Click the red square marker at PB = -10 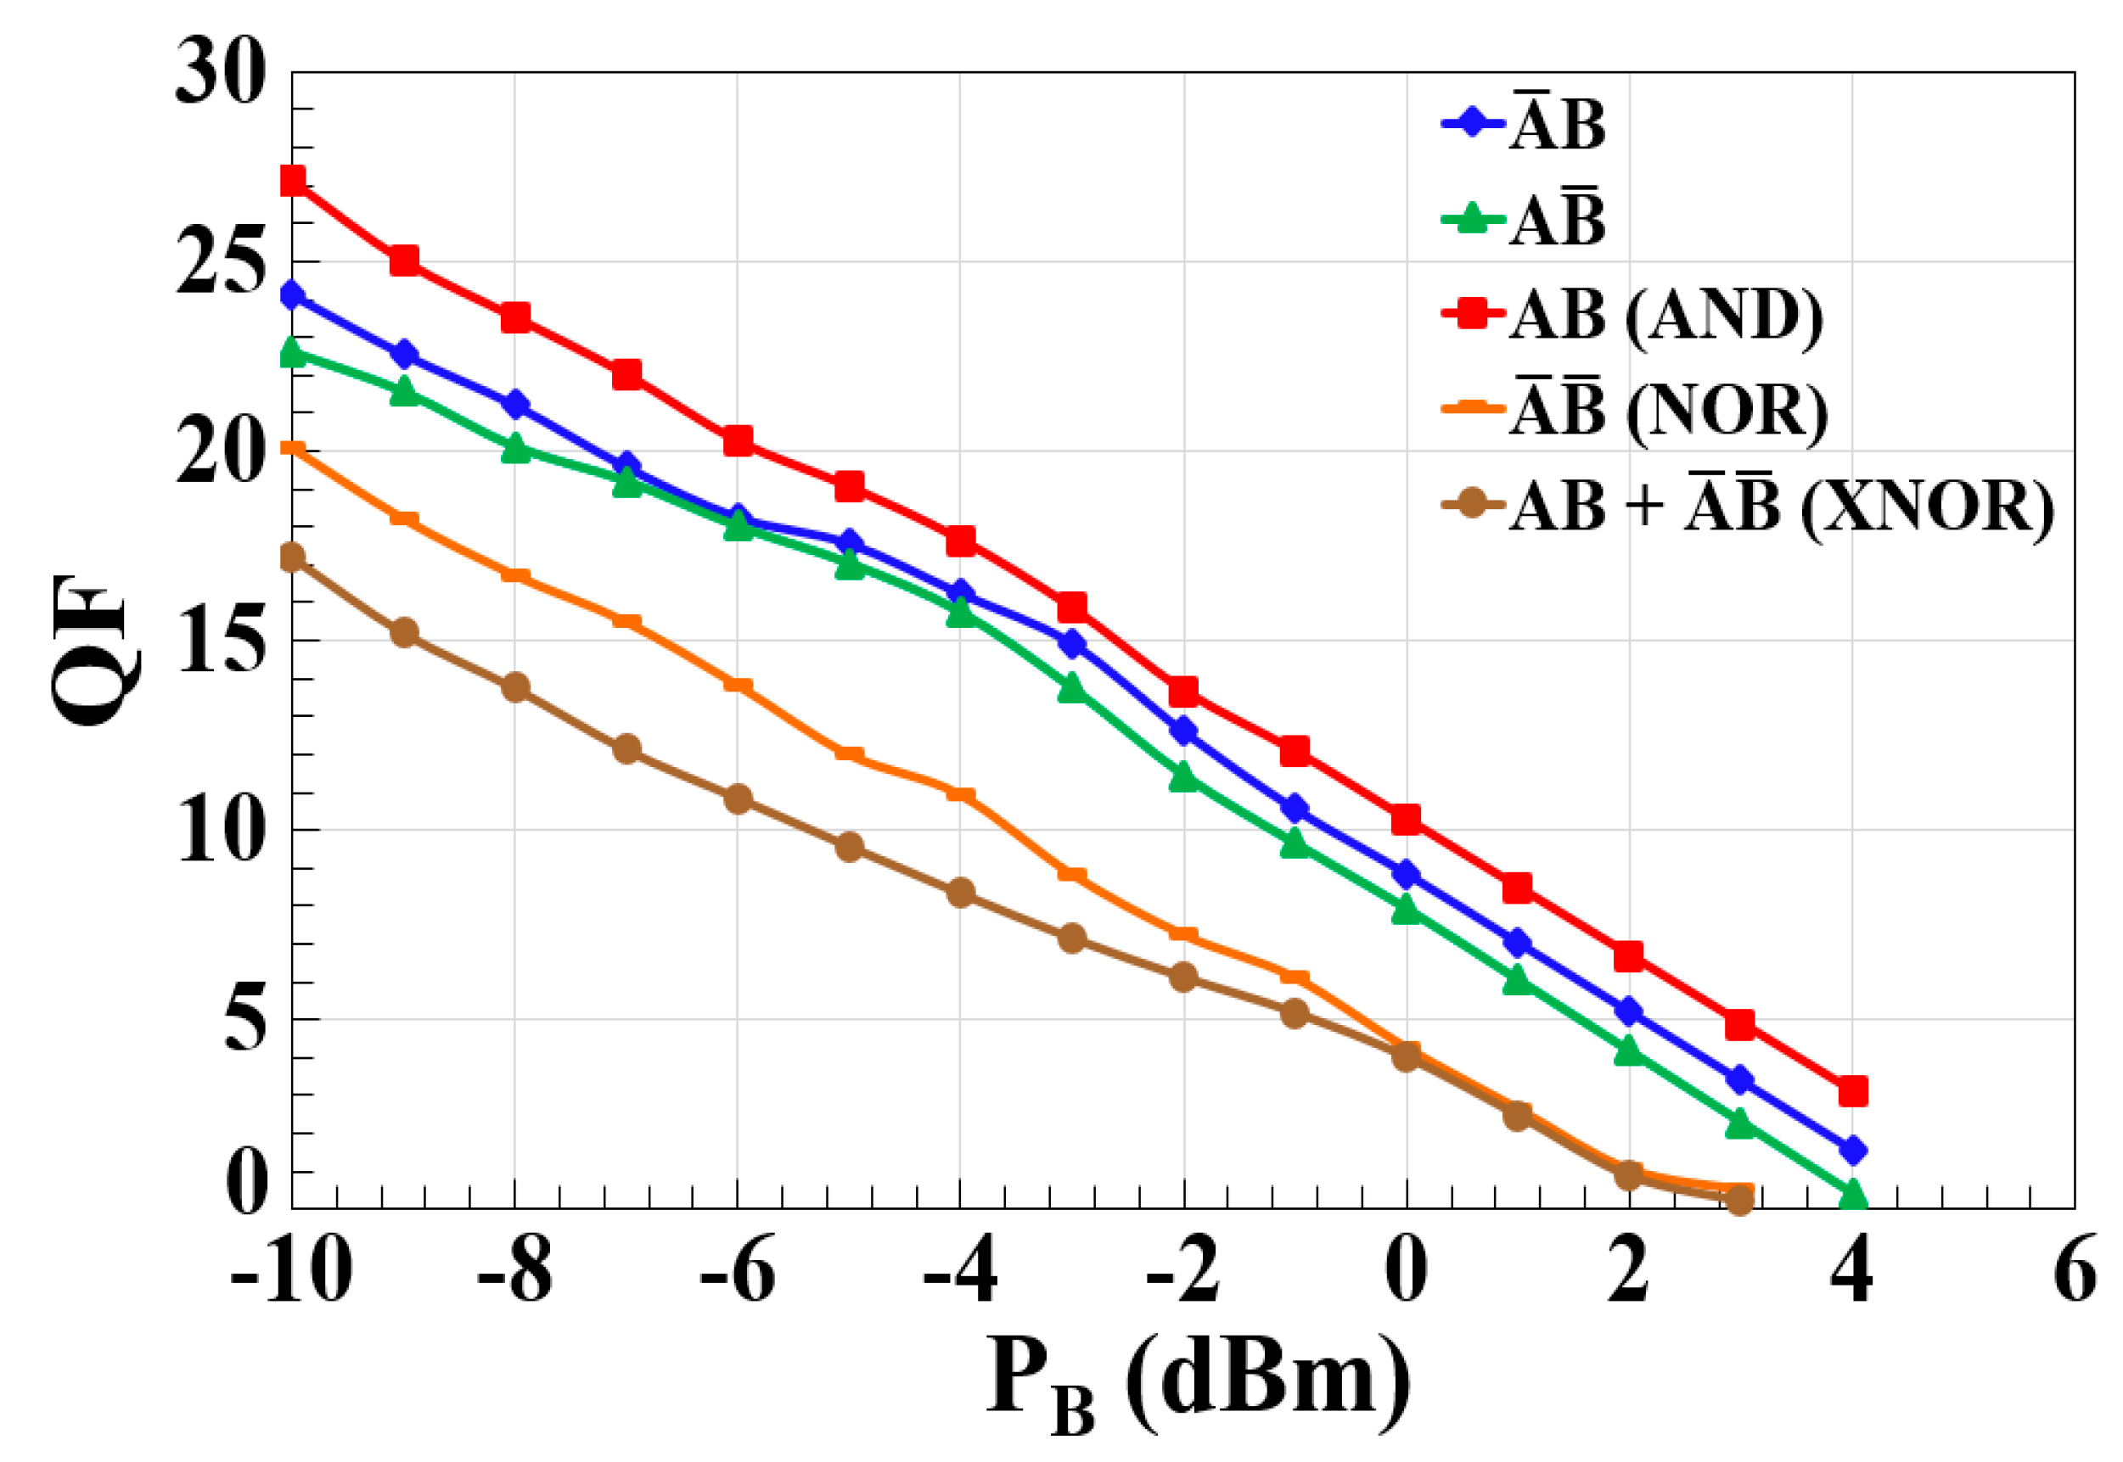click(x=292, y=181)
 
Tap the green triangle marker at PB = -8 click(x=515, y=449)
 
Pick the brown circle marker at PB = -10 click(x=292, y=557)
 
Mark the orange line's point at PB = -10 click(x=292, y=449)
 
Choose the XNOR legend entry click(x=1745, y=505)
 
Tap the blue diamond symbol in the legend click(x=1473, y=125)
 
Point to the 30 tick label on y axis click(x=221, y=73)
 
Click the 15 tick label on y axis click(x=221, y=641)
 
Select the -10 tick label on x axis click(x=291, y=1270)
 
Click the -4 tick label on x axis click(x=959, y=1270)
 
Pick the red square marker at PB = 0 click(x=1406, y=819)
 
